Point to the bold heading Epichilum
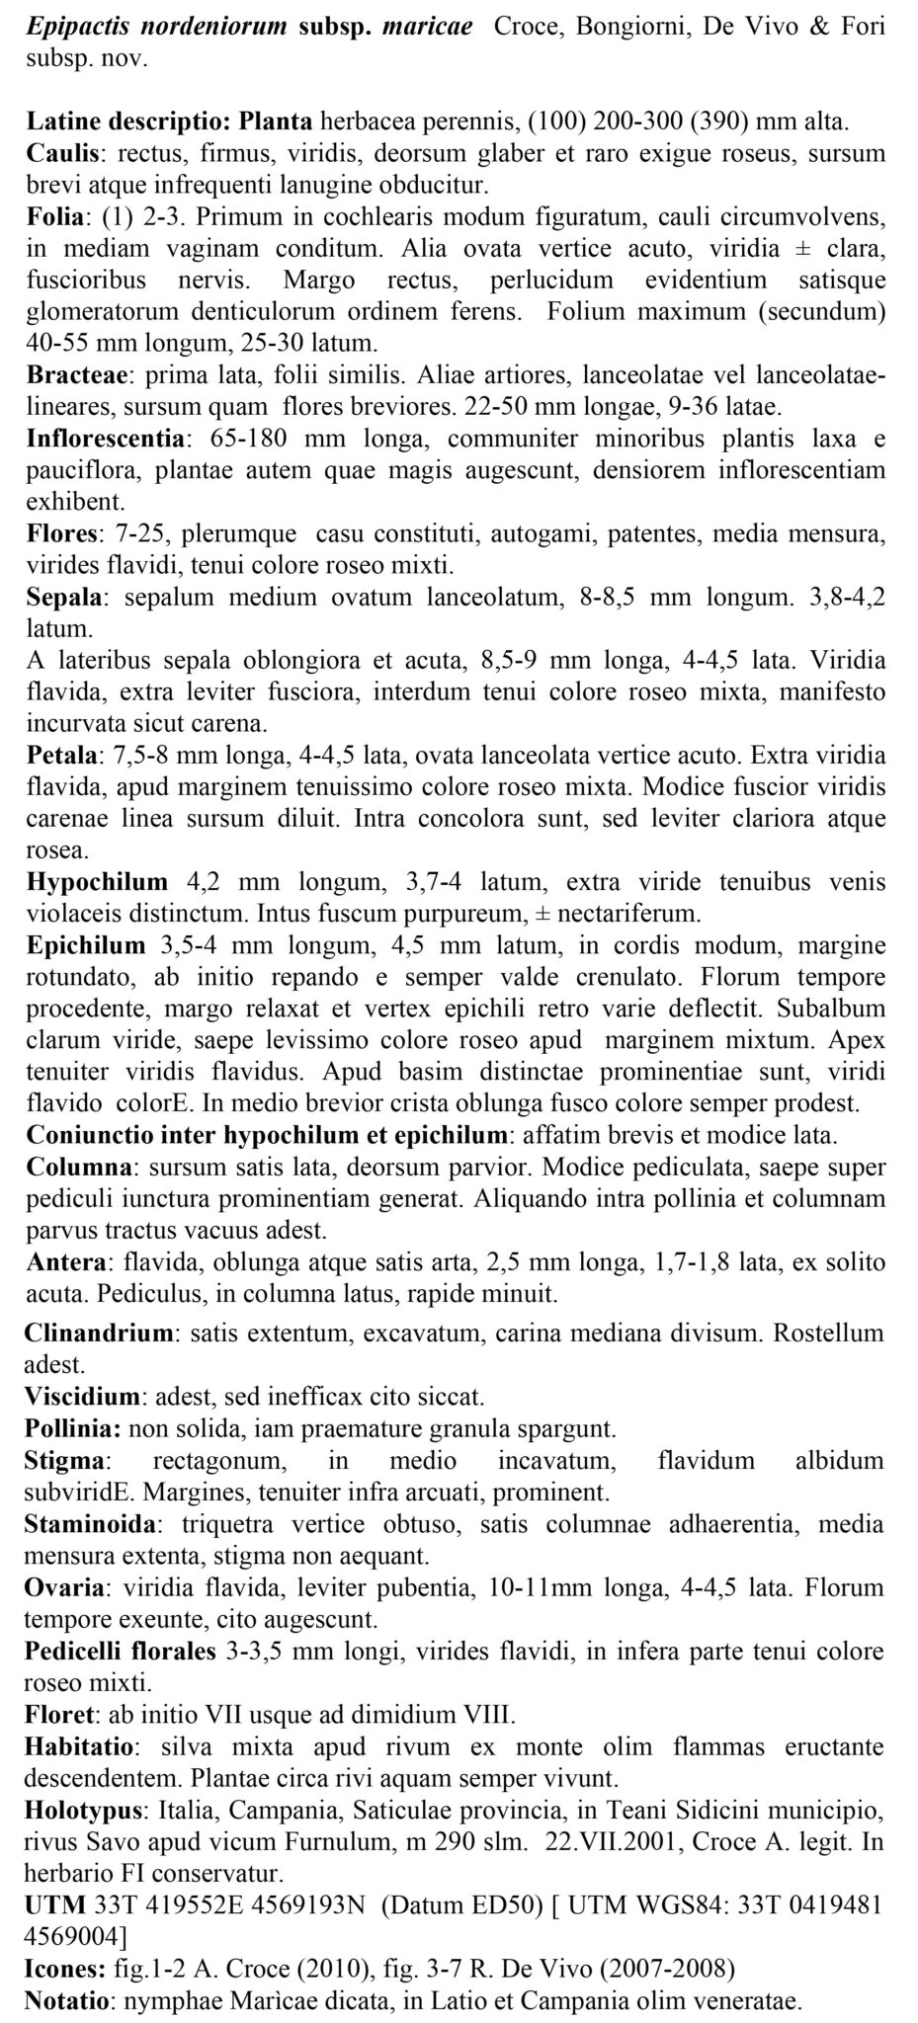tap(86, 945)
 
